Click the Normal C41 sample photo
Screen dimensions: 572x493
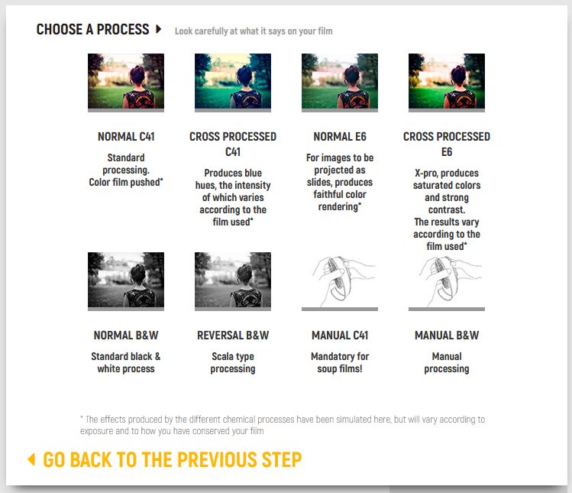tap(126, 81)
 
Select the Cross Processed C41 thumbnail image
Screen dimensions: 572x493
tap(233, 81)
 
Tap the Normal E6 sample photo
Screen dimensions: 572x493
tap(340, 81)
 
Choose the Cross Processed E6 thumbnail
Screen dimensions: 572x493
tap(447, 81)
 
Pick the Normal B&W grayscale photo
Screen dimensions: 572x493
tap(126, 280)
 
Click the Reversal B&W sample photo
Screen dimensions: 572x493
tap(233, 280)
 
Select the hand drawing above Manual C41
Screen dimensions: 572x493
tap(340, 281)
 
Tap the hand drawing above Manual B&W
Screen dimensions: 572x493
tap(447, 281)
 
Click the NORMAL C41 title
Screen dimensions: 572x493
tap(126, 137)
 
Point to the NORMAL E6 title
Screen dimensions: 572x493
tap(340, 137)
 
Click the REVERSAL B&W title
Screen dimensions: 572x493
tap(233, 336)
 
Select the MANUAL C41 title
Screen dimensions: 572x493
tap(340, 336)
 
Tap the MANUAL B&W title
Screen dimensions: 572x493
tap(447, 336)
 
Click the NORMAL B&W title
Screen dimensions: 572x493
tap(126, 336)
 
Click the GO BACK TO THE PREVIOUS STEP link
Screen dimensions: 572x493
tap(172, 459)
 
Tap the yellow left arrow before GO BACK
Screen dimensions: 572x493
tap(31, 459)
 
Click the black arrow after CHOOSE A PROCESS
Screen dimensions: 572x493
tap(158, 29)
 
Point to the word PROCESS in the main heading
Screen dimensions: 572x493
tap(123, 29)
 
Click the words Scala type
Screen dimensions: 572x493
tap(233, 356)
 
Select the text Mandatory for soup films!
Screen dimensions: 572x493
tap(340, 362)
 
